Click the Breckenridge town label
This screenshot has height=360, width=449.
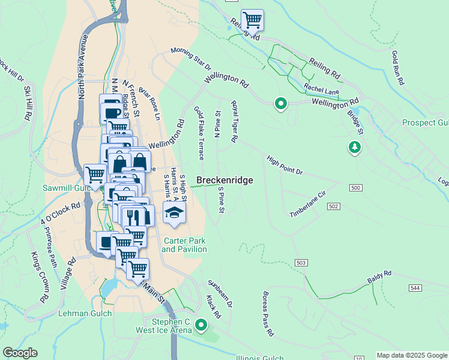tap(224, 180)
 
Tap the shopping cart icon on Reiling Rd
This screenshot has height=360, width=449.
tap(252, 20)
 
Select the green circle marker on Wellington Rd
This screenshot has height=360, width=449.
tap(280, 104)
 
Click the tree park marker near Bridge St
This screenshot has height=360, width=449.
tap(355, 146)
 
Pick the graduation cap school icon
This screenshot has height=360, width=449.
tap(174, 213)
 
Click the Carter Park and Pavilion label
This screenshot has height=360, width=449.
tap(184, 245)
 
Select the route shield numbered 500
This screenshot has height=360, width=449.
tap(355, 188)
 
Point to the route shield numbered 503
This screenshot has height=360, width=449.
tap(301, 263)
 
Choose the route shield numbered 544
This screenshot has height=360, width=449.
tap(415, 288)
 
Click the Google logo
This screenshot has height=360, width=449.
tap(20, 353)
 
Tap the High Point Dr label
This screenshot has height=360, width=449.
tap(285, 164)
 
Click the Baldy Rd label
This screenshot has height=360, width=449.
tap(379, 277)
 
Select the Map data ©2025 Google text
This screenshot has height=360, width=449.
tap(412, 355)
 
